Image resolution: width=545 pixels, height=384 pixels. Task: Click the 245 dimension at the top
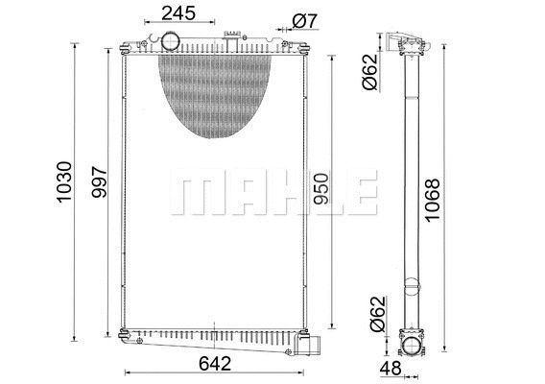coord(178,13)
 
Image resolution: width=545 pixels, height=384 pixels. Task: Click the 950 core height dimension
coord(321,191)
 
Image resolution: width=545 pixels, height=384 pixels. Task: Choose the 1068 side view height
coord(433,197)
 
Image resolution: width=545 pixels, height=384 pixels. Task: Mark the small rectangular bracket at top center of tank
coord(230,37)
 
